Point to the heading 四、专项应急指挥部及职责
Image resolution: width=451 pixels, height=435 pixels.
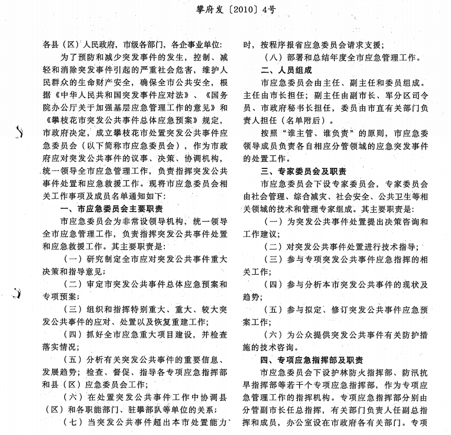point(312,360)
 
